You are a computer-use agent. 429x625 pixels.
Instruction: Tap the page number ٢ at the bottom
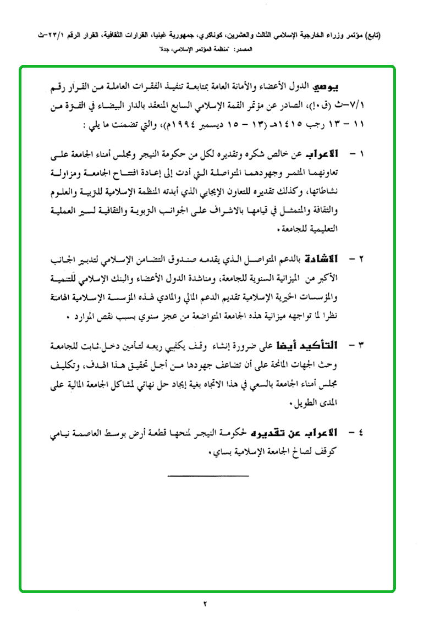tap(206, 604)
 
